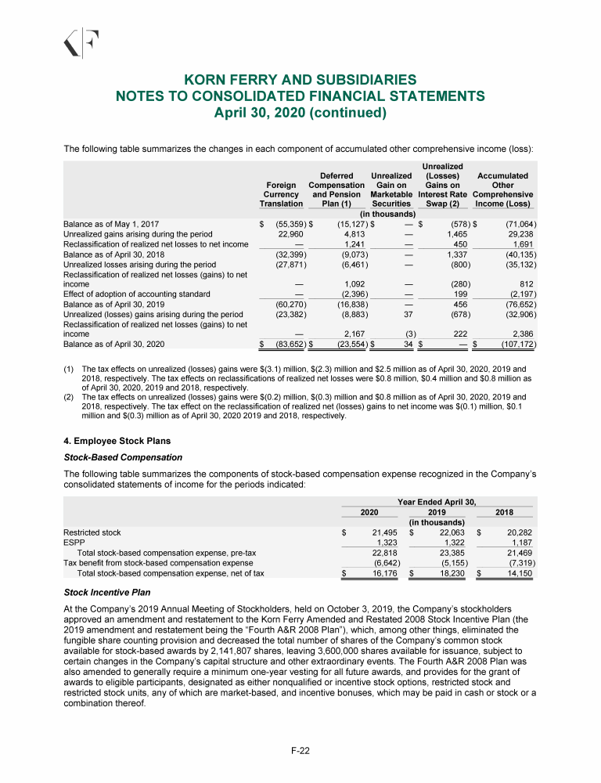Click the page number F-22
point(300,751)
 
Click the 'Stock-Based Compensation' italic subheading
point(123,457)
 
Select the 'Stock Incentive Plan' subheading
point(106,593)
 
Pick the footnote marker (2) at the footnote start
point(69,397)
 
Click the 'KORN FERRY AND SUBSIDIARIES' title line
point(300,80)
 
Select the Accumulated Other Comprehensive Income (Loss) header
point(503,189)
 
